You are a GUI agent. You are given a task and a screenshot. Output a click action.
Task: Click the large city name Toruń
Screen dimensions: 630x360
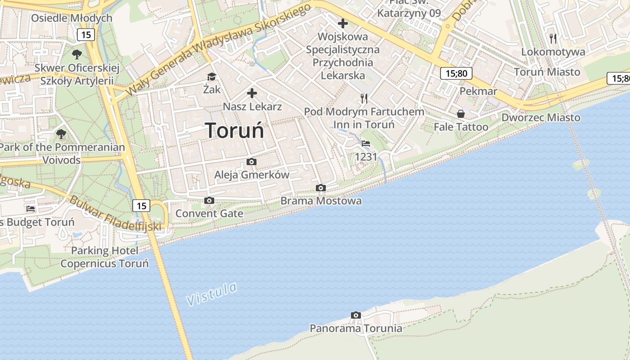coord(235,131)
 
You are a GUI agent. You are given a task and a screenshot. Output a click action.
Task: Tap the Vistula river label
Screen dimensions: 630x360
coord(211,294)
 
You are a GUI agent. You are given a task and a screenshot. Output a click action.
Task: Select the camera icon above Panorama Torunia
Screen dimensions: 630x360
coord(356,315)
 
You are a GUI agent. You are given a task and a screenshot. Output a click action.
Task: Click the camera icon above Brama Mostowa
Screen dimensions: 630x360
coord(320,188)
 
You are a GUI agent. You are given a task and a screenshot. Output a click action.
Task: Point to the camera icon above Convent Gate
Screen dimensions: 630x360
coord(209,200)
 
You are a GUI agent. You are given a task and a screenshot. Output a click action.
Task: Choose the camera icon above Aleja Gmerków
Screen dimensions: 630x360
coord(252,162)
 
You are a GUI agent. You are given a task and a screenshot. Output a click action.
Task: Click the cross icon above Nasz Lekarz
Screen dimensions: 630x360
coord(252,93)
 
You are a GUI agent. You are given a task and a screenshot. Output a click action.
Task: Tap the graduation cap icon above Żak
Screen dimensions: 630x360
coord(211,76)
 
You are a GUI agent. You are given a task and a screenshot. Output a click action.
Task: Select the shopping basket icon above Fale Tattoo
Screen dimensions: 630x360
coord(460,114)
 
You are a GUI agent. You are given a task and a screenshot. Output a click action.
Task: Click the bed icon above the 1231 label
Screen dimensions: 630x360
coord(366,144)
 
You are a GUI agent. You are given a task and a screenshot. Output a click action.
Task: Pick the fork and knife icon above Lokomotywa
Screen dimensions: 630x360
coord(553,38)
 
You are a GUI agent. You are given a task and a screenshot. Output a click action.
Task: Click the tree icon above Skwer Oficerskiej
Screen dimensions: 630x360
coord(77,54)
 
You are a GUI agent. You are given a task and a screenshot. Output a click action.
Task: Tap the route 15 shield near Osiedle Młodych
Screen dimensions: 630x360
coord(85,35)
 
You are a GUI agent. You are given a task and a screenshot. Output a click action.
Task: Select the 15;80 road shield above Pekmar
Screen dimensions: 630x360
coord(456,73)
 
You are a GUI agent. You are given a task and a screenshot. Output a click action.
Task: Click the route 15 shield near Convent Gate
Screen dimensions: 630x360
coord(142,206)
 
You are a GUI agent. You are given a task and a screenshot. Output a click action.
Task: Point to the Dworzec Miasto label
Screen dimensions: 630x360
coord(541,117)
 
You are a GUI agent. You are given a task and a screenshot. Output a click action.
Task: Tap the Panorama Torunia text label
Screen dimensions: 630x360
coord(356,328)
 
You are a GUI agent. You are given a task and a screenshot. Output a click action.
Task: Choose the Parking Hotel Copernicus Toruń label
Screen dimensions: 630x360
coord(104,257)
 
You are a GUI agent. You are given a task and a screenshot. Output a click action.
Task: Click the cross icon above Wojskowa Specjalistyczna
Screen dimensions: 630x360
coord(343,23)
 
